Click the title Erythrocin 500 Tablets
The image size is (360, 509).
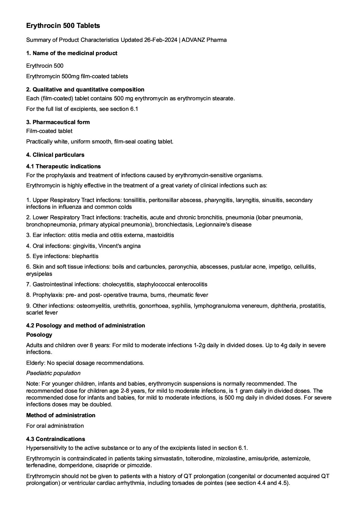point(63,26)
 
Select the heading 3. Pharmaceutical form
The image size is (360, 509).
point(58,122)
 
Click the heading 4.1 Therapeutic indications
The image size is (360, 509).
point(63,166)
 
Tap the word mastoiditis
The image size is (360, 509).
point(159,235)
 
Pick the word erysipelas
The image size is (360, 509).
point(39,274)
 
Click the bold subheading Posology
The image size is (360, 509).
point(39,335)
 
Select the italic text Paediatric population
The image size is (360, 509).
point(53,373)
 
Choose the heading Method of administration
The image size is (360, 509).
point(61,415)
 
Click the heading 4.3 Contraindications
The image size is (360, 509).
point(55,439)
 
